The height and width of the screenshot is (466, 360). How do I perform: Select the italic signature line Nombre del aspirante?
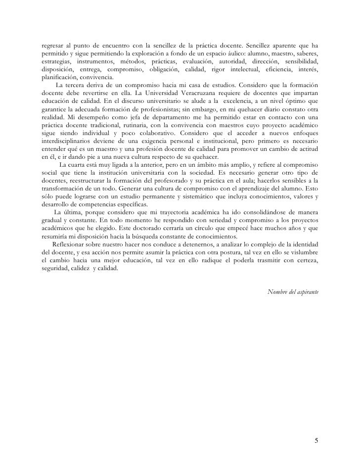click(293, 291)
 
